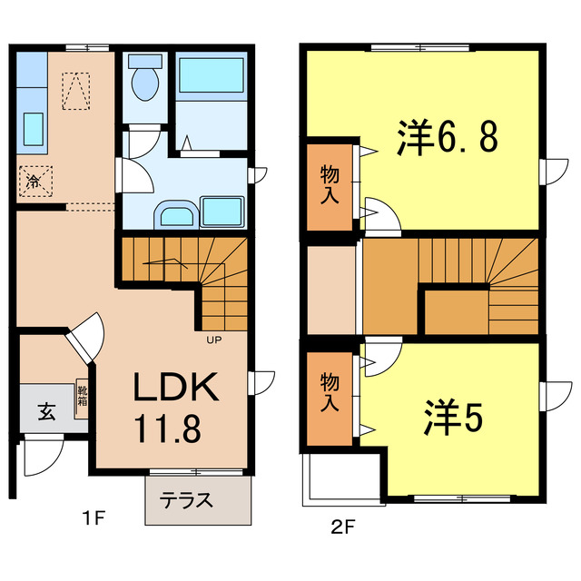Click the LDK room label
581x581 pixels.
176,389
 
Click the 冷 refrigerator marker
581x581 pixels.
34,181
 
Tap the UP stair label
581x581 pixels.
214,340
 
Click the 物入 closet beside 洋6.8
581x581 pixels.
330,185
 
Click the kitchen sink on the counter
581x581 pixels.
34,128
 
